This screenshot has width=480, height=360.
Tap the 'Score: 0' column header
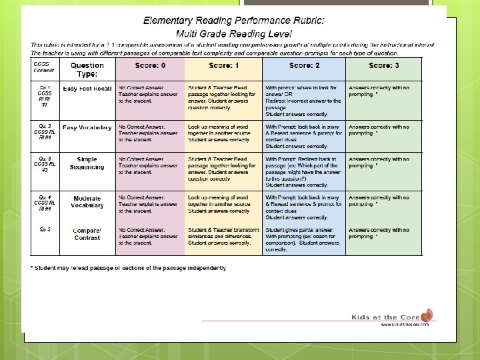(141, 65)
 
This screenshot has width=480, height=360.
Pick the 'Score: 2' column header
(304, 65)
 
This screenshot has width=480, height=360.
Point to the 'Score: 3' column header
(384, 65)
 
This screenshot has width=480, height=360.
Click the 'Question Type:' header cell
(87, 69)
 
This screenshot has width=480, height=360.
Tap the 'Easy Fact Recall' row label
(87, 89)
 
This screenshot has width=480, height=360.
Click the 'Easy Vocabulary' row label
(87, 127)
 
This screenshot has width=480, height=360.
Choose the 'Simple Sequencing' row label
(87, 163)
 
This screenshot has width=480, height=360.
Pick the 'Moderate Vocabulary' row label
(87, 201)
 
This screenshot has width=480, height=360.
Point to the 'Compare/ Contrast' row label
(87, 233)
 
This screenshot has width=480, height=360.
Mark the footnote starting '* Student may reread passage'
(129, 268)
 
